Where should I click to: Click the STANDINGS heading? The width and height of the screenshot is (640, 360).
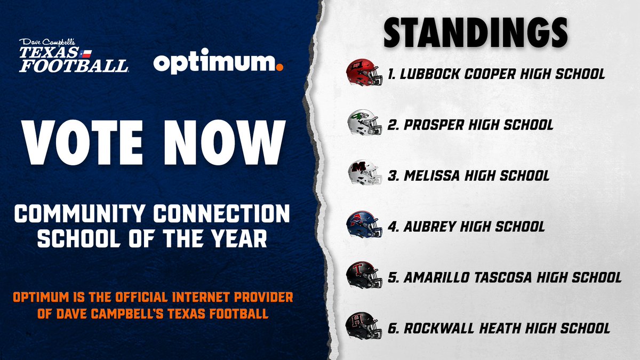coord(475,33)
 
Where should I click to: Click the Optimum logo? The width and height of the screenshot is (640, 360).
coord(218,62)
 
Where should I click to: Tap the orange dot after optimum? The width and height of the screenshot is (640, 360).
coord(279,67)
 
